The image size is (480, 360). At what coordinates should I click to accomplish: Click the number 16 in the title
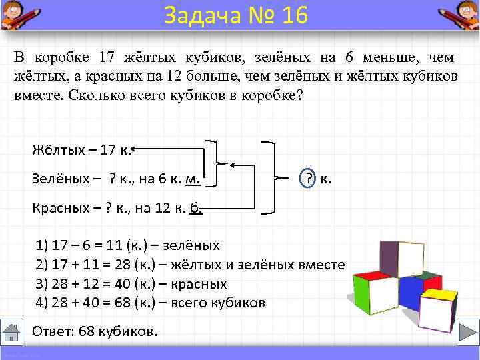click(293, 15)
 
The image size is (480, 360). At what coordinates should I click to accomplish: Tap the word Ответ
click(48, 331)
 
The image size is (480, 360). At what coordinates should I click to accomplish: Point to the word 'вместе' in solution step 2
click(321, 265)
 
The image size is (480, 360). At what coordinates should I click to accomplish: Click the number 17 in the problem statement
click(107, 58)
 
